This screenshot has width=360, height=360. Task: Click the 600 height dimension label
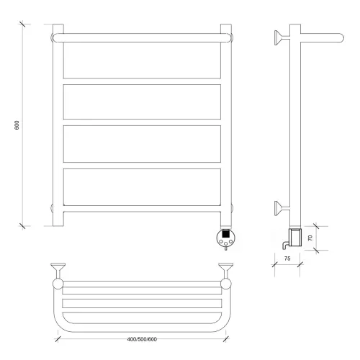(17, 125)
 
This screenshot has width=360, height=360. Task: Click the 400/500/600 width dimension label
(142, 339)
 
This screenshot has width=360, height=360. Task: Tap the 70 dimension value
(310, 238)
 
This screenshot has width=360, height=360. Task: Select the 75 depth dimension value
(287, 258)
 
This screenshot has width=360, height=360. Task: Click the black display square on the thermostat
(225, 233)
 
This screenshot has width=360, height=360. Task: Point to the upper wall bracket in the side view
(282, 37)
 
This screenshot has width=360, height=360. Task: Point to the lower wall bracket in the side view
(282, 208)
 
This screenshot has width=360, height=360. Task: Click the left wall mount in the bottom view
(58, 271)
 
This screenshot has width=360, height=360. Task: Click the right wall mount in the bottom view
(225, 271)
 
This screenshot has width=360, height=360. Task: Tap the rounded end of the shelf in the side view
(341, 38)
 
